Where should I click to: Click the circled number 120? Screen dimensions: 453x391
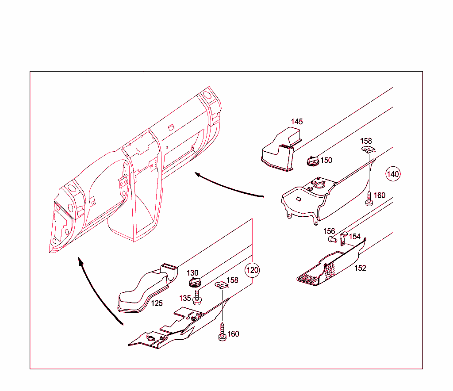click(x=252, y=270)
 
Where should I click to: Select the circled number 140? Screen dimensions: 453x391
click(x=393, y=174)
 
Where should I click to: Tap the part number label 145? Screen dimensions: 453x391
click(x=297, y=122)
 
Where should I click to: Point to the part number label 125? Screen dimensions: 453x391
click(x=157, y=303)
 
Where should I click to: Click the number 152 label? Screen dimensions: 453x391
click(x=360, y=268)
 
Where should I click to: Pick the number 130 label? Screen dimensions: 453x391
click(x=192, y=273)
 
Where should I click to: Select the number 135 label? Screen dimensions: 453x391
click(x=185, y=298)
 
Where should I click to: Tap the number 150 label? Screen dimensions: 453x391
click(x=326, y=160)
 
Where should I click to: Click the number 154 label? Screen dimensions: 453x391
click(x=355, y=237)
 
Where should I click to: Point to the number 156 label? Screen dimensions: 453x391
click(x=329, y=231)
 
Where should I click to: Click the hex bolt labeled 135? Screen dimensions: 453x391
click(x=197, y=298)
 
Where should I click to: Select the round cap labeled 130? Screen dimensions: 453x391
click(x=195, y=283)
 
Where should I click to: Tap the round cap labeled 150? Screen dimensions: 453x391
click(x=312, y=161)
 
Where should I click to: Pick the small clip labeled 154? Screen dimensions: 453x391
click(x=343, y=239)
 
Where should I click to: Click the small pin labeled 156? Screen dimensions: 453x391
click(x=333, y=239)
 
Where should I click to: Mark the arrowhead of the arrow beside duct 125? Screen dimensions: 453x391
click(x=81, y=261)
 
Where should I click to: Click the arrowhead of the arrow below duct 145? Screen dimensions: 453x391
click(x=198, y=175)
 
